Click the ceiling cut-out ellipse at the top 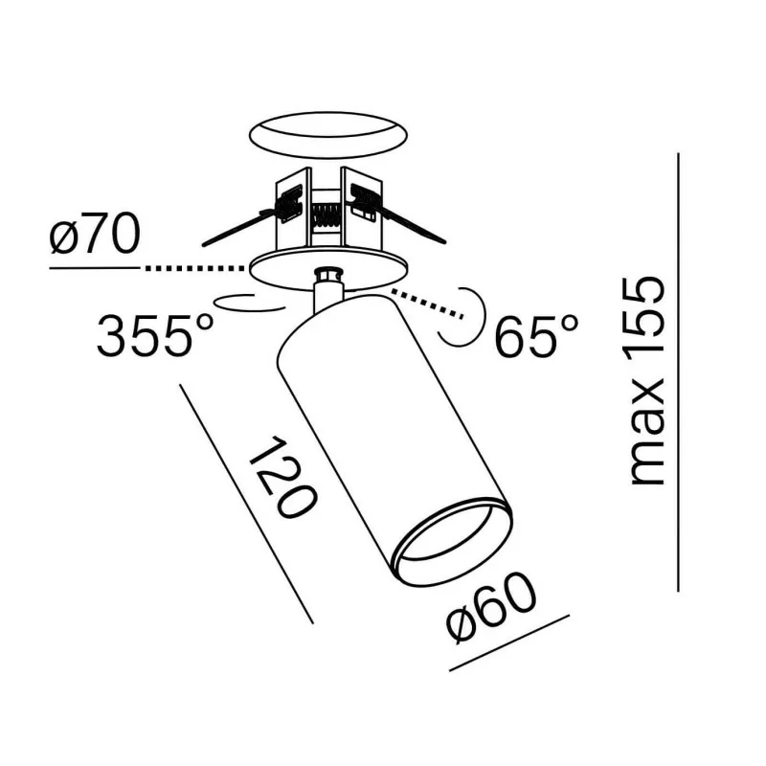click(x=327, y=136)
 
